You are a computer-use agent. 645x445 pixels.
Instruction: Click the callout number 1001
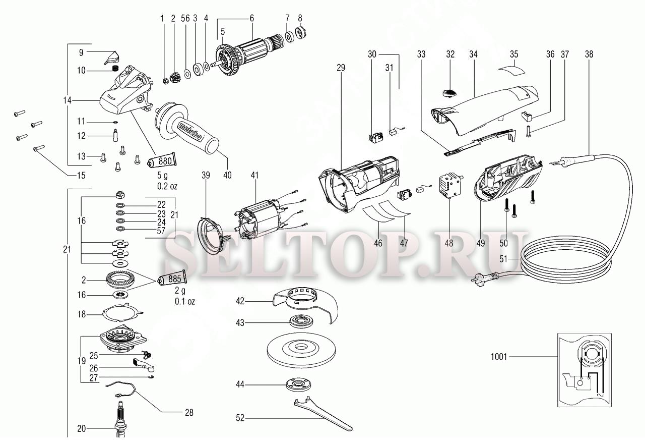[498, 357]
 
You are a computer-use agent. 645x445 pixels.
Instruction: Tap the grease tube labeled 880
[162, 160]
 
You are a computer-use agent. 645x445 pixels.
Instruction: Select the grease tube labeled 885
[172, 279]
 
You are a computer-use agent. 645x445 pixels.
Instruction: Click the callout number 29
[341, 68]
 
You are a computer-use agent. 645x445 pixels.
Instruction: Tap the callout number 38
[589, 54]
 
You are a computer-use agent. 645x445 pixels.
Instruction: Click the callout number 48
[448, 243]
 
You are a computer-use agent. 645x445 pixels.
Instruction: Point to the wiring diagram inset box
[584, 370]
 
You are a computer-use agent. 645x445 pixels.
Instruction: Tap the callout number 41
[254, 175]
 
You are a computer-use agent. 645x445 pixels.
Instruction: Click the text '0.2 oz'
[167, 186]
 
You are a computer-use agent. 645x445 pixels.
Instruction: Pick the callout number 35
[513, 54]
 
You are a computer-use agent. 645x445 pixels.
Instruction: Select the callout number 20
[82, 428]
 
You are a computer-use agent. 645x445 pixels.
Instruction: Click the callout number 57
[161, 231]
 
